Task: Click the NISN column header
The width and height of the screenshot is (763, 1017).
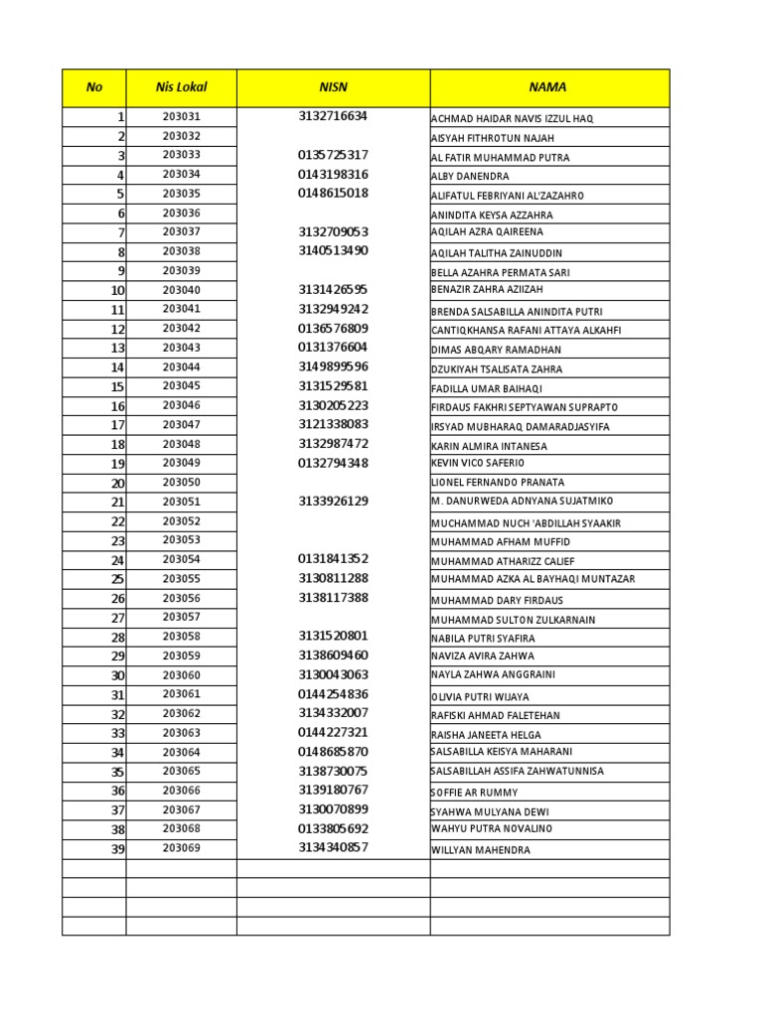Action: pyautogui.click(x=333, y=87)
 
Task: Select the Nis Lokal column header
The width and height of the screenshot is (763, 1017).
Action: pyautogui.click(x=181, y=87)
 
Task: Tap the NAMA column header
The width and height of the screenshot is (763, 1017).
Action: pyautogui.click(x=548, y=87)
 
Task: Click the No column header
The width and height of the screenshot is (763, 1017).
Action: pyautogui.click(x=94, y=87)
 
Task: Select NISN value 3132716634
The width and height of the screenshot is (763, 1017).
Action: pyautogui.click(x=333, y=116)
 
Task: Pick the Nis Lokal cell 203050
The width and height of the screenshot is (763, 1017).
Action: pyautogui.click(x=181, y=482)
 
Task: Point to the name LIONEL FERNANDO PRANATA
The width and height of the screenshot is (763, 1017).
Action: pyautogui.click(x=498, y=483)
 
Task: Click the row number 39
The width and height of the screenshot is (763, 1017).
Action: pyautogui.click(x=117, y=849)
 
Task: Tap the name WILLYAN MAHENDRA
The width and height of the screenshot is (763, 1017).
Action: pyautogui.click(x=481, y=850)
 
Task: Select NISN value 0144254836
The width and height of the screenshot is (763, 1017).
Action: pyautogui.click(x=333, y=694)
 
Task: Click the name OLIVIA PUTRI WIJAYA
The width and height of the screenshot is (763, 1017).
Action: pyautogui.click(x=480, y=697)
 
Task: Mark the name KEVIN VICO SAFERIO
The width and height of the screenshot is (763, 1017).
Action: pyautogui.click(x=478, y=464)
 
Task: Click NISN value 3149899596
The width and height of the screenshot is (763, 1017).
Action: pyautogui.click(x=333, y=366)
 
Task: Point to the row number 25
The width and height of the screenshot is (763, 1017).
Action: pyautogui.click(x=117, y=579)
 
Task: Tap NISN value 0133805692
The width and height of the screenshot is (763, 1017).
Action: pyautogui.click(x=333, y=828)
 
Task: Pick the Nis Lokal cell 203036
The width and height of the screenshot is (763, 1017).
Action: pyautogui.click(x=181, y=213)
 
